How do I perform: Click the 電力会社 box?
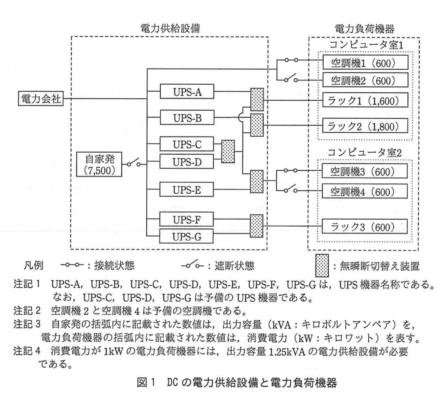point(41,99)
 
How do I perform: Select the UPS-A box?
point(187,92)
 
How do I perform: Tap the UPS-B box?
point(187,118)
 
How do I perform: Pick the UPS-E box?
point(187,190)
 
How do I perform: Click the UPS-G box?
point(186,236)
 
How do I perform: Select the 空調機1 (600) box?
point(365,62)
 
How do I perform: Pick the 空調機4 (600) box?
point(364,191)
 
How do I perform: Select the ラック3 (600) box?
point(364,227)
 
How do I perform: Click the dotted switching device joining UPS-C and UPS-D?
point(228,152)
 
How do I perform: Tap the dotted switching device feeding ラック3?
point(256,226)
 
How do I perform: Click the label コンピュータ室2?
point(364,153)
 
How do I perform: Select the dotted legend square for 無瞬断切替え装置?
point(322,265)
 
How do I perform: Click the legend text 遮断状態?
point(234,266)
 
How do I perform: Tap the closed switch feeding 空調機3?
point(291,170)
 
